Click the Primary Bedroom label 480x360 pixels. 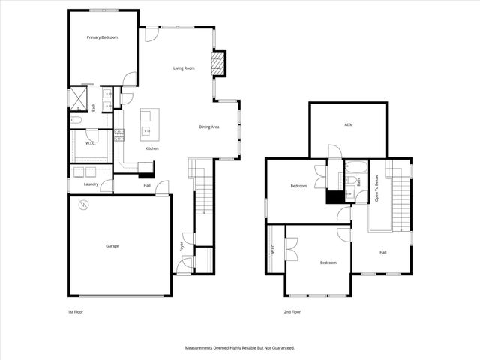point(102,37)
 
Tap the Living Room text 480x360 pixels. point(184,68)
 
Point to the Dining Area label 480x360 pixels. point(208,127)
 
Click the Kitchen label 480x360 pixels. point(152,149)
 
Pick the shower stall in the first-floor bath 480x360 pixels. point(79,98)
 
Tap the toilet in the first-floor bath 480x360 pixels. point(76,120)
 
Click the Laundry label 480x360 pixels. point(91,184)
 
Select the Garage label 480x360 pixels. point(112,246)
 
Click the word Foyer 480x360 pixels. point(181,246)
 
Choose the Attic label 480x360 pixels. point(348,124)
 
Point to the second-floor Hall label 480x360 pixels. point(383,252)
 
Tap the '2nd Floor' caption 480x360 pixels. point(292,311)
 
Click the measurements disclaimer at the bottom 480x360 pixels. point(240,348)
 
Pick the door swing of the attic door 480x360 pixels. point(335,152)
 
